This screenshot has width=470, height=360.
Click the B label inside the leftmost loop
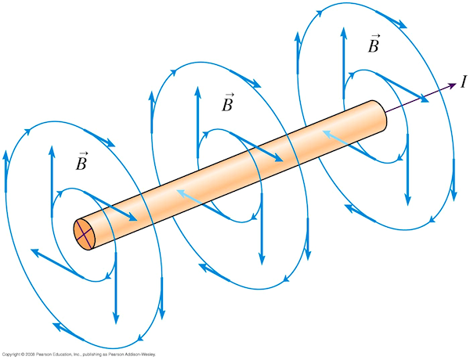tap(81, 162)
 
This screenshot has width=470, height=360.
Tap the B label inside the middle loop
tap(228, 103)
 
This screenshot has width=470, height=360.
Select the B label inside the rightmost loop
tap(374, 45)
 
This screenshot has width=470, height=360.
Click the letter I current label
tap(464, 80)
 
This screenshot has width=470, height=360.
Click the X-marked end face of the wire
tap(85, 232)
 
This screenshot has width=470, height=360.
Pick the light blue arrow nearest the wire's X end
tap(185, 193)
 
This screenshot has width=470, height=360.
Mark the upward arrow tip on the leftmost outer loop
tap(5, 153)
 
